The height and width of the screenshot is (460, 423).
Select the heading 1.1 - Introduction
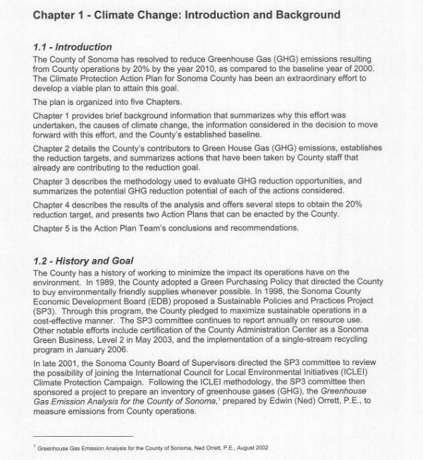point(73,47)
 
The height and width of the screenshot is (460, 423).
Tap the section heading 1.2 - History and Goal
point(83,261)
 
